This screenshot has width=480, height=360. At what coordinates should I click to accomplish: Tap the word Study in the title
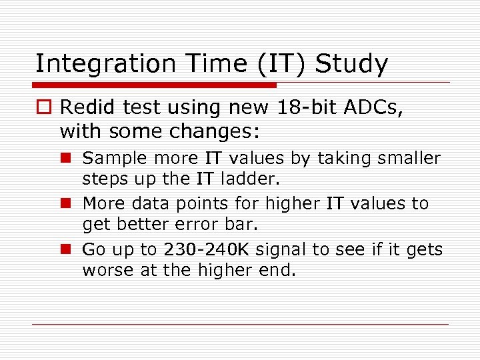click(x=351, y=64)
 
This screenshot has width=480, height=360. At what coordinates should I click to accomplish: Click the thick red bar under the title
click(x=154, y=85)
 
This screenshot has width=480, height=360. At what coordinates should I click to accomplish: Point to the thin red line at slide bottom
click(x=240, y=325)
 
